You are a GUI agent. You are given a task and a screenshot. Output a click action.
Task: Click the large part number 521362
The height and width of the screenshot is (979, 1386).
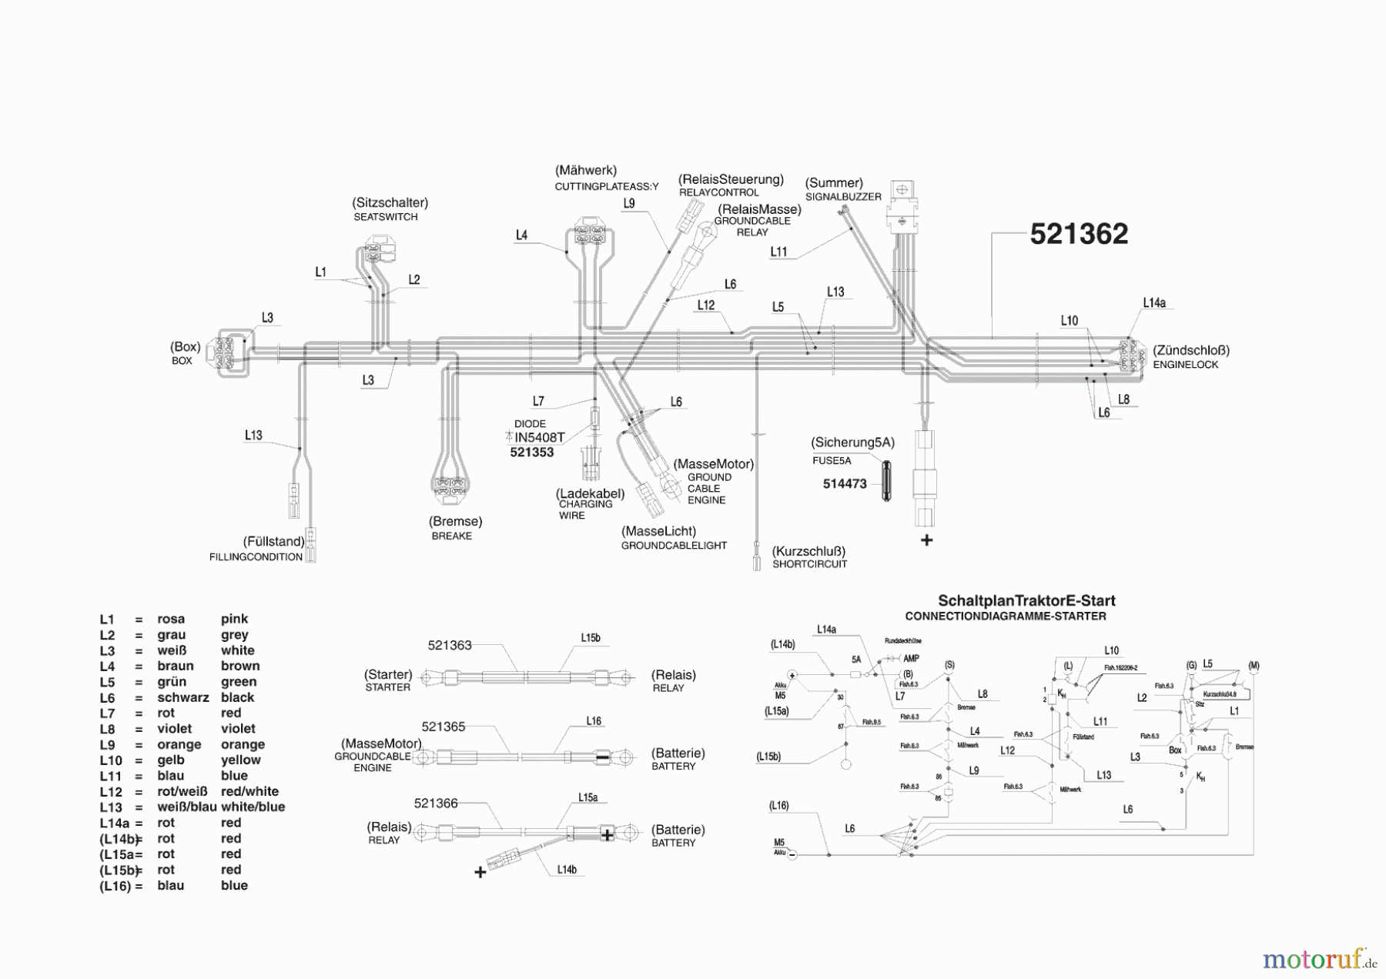coord(1079,234)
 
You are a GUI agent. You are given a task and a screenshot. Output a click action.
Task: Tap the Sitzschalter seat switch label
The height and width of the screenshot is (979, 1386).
coord(390,203)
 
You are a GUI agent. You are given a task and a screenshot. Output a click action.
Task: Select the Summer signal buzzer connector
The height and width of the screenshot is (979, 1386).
coord(902,204)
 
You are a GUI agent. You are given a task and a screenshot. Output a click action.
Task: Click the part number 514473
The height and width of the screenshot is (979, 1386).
coord(845,484)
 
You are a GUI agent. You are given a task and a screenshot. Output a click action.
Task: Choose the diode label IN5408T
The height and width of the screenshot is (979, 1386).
coord(539,437)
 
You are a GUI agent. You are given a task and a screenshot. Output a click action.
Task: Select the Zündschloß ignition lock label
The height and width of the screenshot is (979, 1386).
coord(1190,350)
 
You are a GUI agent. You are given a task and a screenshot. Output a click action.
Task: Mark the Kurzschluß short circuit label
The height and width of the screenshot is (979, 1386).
coord(809,551)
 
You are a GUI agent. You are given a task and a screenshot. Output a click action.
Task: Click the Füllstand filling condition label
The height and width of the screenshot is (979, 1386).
coord(273,542)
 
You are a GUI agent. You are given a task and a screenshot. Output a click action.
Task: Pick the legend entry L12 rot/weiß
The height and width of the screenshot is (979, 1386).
coord(189,791)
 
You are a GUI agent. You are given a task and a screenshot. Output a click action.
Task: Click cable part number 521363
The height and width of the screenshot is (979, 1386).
coord(450,645)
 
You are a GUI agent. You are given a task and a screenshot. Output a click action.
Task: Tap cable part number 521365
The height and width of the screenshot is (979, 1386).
coord(444,727)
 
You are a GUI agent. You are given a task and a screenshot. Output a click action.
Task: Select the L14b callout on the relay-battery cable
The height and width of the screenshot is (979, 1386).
coord(567,870)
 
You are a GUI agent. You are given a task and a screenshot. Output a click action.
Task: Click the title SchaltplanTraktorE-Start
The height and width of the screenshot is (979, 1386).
coord(1026,600)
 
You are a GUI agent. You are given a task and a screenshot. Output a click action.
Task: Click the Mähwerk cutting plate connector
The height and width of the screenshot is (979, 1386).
coord(593,234)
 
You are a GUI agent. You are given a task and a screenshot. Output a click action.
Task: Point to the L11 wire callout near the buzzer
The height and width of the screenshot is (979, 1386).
coord(778,252)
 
